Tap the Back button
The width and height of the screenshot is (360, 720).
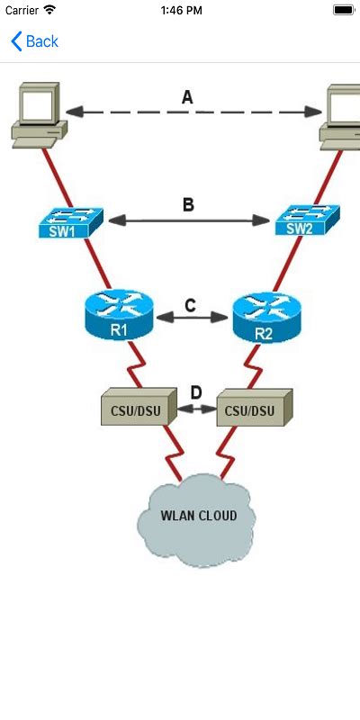[34, 41]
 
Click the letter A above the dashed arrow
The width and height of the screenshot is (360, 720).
[187, 97]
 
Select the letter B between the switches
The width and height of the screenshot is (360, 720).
[188, 205]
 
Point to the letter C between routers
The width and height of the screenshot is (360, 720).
[190, 305]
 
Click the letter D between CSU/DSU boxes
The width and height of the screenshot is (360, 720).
[196, 392]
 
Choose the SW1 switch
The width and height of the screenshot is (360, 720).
[71, 223]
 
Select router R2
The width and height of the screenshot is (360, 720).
[264, 317]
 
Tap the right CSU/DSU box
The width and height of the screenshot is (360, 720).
[256, 409]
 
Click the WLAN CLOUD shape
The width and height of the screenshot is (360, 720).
[198, 520]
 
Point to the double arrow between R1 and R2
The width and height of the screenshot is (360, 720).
[191, 318]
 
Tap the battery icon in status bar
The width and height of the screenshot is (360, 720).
[343, 10]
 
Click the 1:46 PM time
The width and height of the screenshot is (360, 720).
[180, 10]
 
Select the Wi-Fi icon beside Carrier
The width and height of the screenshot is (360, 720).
[49, 10]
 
